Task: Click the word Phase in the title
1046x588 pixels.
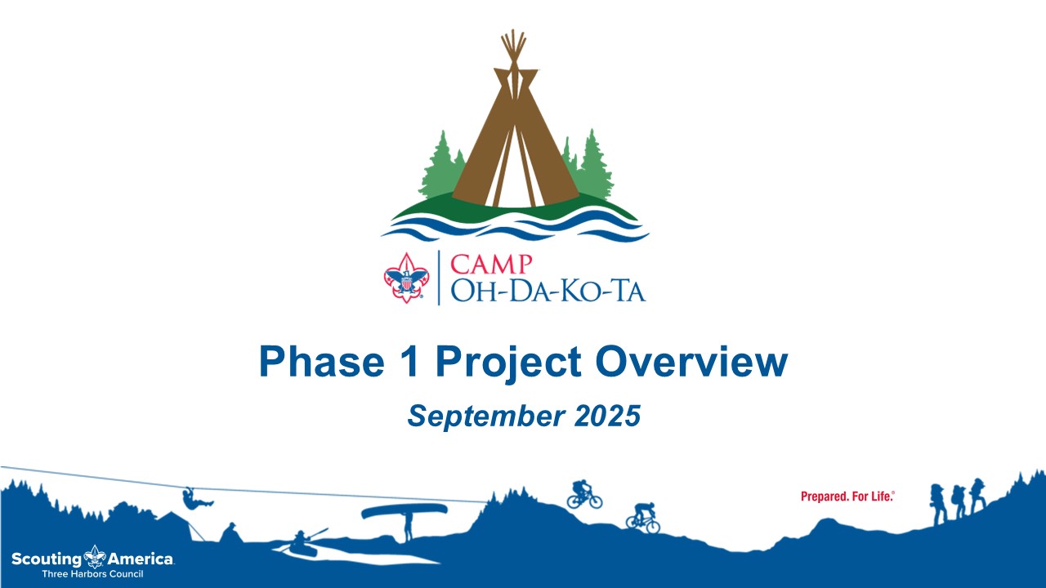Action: click(322, 362)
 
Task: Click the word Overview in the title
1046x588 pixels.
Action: click(692, 362)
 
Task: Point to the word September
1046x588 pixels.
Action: click(486, 416)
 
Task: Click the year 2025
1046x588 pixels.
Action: click(607, 416)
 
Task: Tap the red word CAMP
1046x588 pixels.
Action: click(491, 265)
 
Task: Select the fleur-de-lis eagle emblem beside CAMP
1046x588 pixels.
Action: click(406, 278)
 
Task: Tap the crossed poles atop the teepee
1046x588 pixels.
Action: click(514, 49)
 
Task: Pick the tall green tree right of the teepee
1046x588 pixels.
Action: click(593, 166)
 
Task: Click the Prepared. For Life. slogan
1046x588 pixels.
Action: click(847, 497)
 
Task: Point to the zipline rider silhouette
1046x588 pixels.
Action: click(196, 499)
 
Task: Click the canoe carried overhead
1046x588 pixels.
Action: click(405, 511)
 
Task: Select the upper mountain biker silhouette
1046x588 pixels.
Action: click(584, 494)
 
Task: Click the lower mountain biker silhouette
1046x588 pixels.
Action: click(643, 518)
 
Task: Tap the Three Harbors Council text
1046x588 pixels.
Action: click(92, 574)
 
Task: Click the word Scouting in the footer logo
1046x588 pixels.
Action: click(47, 559)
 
